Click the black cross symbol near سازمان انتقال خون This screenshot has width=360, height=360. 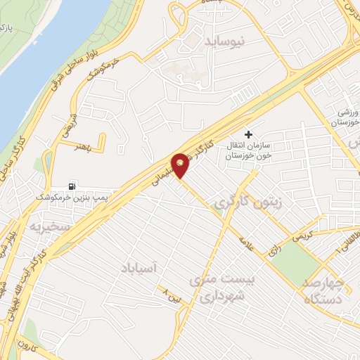tap(247, 134)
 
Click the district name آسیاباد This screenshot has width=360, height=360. tap(141, 269)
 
